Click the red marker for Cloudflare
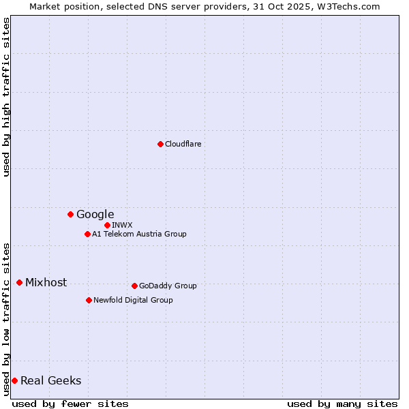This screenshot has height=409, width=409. coord(160,144)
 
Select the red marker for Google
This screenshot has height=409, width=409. coord(70,214)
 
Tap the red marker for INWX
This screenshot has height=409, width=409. coord(107,225)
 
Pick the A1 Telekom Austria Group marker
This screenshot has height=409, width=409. coord(87,234)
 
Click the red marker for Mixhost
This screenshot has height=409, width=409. coord(19,282)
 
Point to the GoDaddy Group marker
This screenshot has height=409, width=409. coord(134,286)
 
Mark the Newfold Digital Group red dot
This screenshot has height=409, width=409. coord(89,300)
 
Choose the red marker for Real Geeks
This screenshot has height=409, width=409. coord(14,380)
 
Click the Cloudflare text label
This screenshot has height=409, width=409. coord(183,144)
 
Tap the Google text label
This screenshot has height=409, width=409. coord(95,214)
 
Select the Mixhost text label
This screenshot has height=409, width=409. coord(46,282)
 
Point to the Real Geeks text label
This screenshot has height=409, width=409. coord(50,380)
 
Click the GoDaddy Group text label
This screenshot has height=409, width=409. coord(167,286)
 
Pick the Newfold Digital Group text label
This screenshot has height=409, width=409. coord(133,300)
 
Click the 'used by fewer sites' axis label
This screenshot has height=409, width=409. coord(70,404)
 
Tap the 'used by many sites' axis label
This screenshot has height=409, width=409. coord(342,404)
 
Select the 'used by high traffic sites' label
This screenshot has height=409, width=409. coord(6,97)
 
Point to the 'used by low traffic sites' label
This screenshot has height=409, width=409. coord(6,318)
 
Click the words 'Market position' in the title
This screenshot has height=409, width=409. coord(61,6)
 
